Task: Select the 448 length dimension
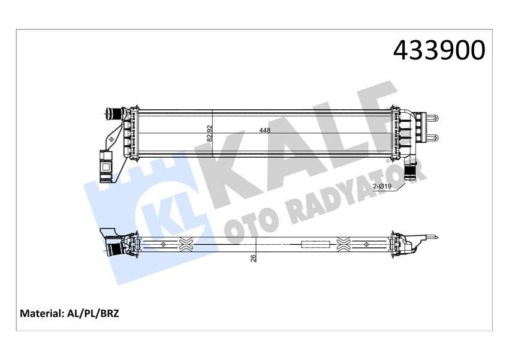[x=264, y=130]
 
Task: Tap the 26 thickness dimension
[x=253, y=258]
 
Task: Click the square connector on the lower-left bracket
[x=105, y=159]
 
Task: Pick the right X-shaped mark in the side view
[x=344, y=244]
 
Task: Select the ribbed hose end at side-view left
[x=112, y=247]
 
